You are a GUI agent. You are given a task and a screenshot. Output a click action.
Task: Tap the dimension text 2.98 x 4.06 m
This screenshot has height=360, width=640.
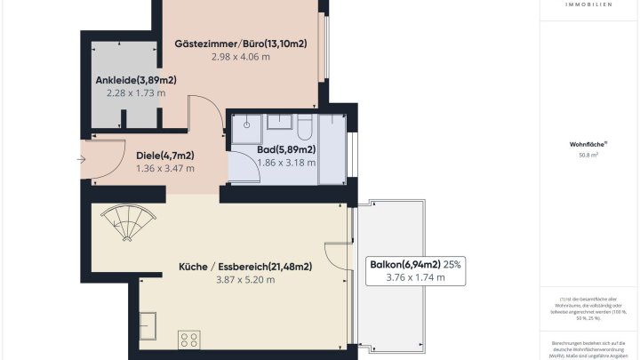click(x=240, y=56)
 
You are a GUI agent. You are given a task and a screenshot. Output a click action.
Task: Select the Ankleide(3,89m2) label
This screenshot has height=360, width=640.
click(x=136, y=80)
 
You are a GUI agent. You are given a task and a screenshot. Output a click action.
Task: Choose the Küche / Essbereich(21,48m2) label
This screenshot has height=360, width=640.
click(x=244, y=266)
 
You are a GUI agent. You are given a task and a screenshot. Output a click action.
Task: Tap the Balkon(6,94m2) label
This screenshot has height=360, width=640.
click(x=405, y=264)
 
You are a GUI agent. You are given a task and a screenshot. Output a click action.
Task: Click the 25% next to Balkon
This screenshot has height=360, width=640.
click(x=452, y=264)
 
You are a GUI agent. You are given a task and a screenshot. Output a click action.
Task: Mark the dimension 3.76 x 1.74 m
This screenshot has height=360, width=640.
click(x=415, y=277)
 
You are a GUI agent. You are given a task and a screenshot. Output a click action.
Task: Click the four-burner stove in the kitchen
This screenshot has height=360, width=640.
click(x=189, y=339)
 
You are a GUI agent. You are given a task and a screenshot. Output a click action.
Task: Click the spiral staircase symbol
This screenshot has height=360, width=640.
click(x=128, y=223)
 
